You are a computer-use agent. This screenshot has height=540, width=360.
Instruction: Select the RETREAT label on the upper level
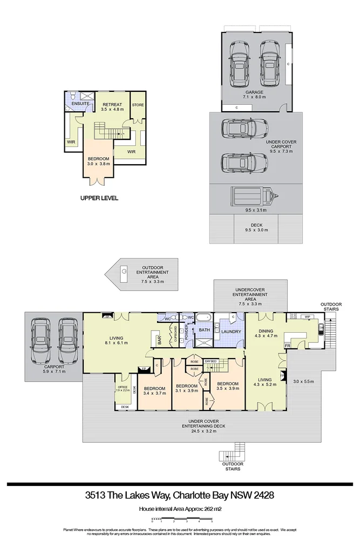pyautogui.click(x=112, y=104)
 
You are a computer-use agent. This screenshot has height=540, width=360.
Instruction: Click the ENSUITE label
pyautogui.click(x=80, y=103)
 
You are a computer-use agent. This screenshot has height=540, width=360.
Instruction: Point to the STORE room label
pyautogui.click(x=138, y=105)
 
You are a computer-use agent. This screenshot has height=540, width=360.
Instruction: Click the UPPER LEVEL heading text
pyautogui.click(x=99, y=198)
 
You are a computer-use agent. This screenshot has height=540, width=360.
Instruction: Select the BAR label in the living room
pyautogui.click(x=159, y=341)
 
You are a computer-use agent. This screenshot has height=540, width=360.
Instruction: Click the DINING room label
pyautogui.click(x=265, y=331)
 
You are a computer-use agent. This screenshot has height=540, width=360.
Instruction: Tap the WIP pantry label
pyautogui.click(x=309, y=316)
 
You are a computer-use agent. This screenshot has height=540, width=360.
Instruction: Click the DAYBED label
pyautogui.click(x=210, y=361)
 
